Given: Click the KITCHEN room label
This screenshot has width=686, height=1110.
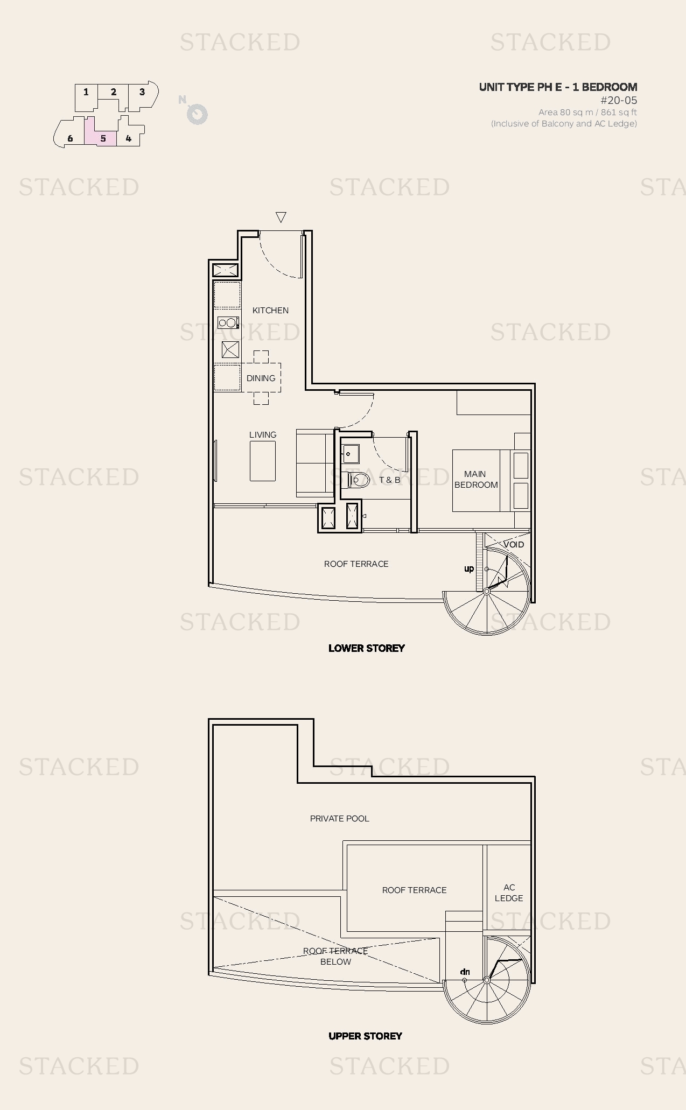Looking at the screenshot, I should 270,311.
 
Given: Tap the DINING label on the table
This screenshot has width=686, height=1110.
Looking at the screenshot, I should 261,378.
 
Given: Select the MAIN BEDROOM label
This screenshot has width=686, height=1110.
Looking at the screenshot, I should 475,480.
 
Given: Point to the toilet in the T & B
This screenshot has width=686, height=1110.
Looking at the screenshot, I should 359,479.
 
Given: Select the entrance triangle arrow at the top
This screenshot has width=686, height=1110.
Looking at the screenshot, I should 281,217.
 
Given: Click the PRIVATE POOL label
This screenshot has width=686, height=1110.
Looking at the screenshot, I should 339,819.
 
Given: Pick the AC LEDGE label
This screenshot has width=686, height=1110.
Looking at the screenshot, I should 509,893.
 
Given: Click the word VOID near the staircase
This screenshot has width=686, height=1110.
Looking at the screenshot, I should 514,545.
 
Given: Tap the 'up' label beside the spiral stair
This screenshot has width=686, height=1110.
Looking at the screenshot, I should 469,568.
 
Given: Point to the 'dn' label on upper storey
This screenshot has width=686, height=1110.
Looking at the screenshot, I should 465,972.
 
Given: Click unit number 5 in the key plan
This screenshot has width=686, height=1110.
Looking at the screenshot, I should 103,138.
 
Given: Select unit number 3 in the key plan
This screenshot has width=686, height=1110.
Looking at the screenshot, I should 142,92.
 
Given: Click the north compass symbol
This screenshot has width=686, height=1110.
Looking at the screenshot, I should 197,114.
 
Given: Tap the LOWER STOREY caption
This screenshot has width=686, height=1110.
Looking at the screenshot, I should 367,648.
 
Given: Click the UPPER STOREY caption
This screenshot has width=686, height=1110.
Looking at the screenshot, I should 365,1036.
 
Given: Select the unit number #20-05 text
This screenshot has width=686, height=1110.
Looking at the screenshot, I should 619,100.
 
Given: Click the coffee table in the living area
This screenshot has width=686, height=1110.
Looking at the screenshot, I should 262,461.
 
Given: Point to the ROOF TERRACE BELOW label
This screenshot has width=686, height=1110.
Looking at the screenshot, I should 335,956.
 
